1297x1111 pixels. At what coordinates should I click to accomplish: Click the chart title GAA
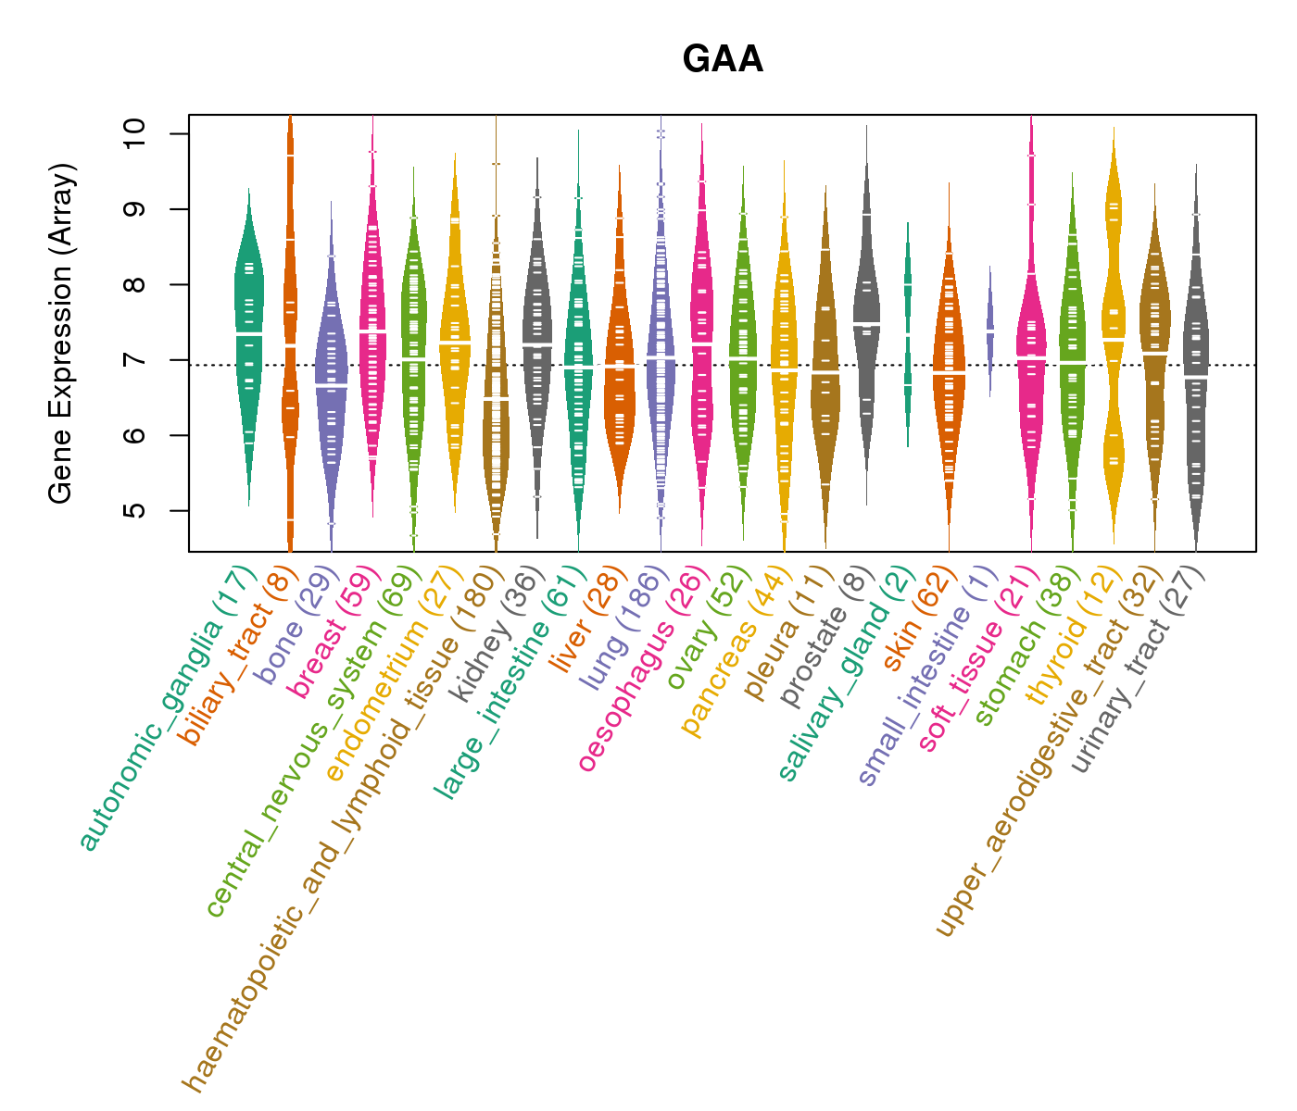coord(723,60)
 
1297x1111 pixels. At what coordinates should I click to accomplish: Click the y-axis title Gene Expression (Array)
coord(61,333)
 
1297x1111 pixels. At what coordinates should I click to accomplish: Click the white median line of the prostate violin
coord(866,323)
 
